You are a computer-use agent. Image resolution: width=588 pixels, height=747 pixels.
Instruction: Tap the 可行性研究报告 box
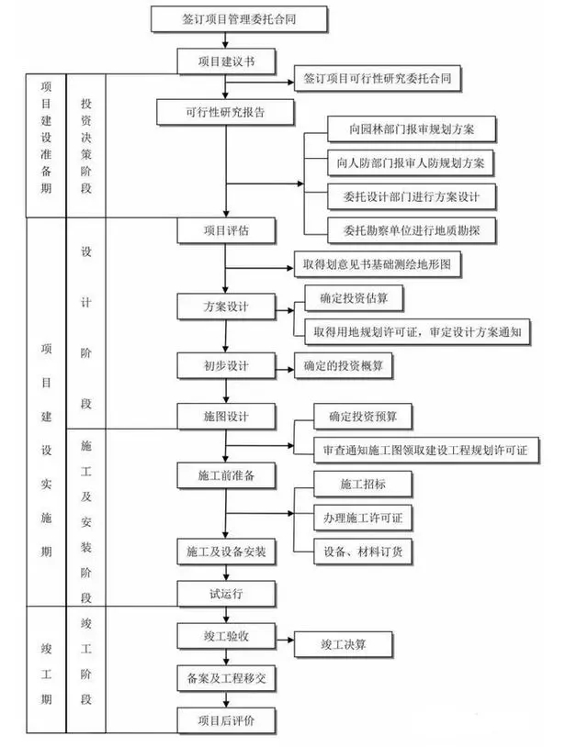coord(226,112)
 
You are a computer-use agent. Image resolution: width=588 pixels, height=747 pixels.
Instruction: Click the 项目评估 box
coord(226,229)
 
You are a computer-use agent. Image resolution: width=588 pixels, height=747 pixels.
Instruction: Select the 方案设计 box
coord(226,306)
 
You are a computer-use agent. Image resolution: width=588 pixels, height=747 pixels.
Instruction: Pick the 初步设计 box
coord(226,365)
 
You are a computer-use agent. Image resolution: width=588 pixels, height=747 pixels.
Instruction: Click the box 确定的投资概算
coord(344,366)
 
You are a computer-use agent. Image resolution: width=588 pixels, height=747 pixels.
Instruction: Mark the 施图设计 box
coord(226,416)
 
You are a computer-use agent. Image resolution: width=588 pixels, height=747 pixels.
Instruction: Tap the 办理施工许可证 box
coord(363,517)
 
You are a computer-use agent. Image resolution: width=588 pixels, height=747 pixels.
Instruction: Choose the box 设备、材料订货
coord(363,551)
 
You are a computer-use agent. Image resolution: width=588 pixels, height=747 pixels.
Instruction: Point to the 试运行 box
coord(226,593)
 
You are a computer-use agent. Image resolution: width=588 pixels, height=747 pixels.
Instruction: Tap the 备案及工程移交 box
coord(226,677)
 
